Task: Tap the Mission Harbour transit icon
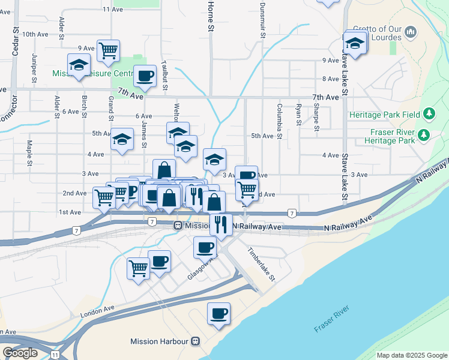pyautogui.click(x=194, y=341)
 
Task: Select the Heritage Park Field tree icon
pyautogui.click(x=429, y=113)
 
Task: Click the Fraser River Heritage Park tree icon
pyautogui.click(x=424, y=134)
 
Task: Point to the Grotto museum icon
pyautogui.click(x=411, y=31)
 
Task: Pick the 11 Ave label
pyautogui.click(x=113, y=9)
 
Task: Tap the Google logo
pyautogui.click(x=20, y=353)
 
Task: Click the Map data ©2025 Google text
pyautogui.click(x=411, y=355)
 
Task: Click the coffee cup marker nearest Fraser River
pyautogui.click(x=218, y=313)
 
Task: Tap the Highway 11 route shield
pyautogui.click(x=55, y=355)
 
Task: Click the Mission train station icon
pyautogui.click(x=178, y=226)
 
